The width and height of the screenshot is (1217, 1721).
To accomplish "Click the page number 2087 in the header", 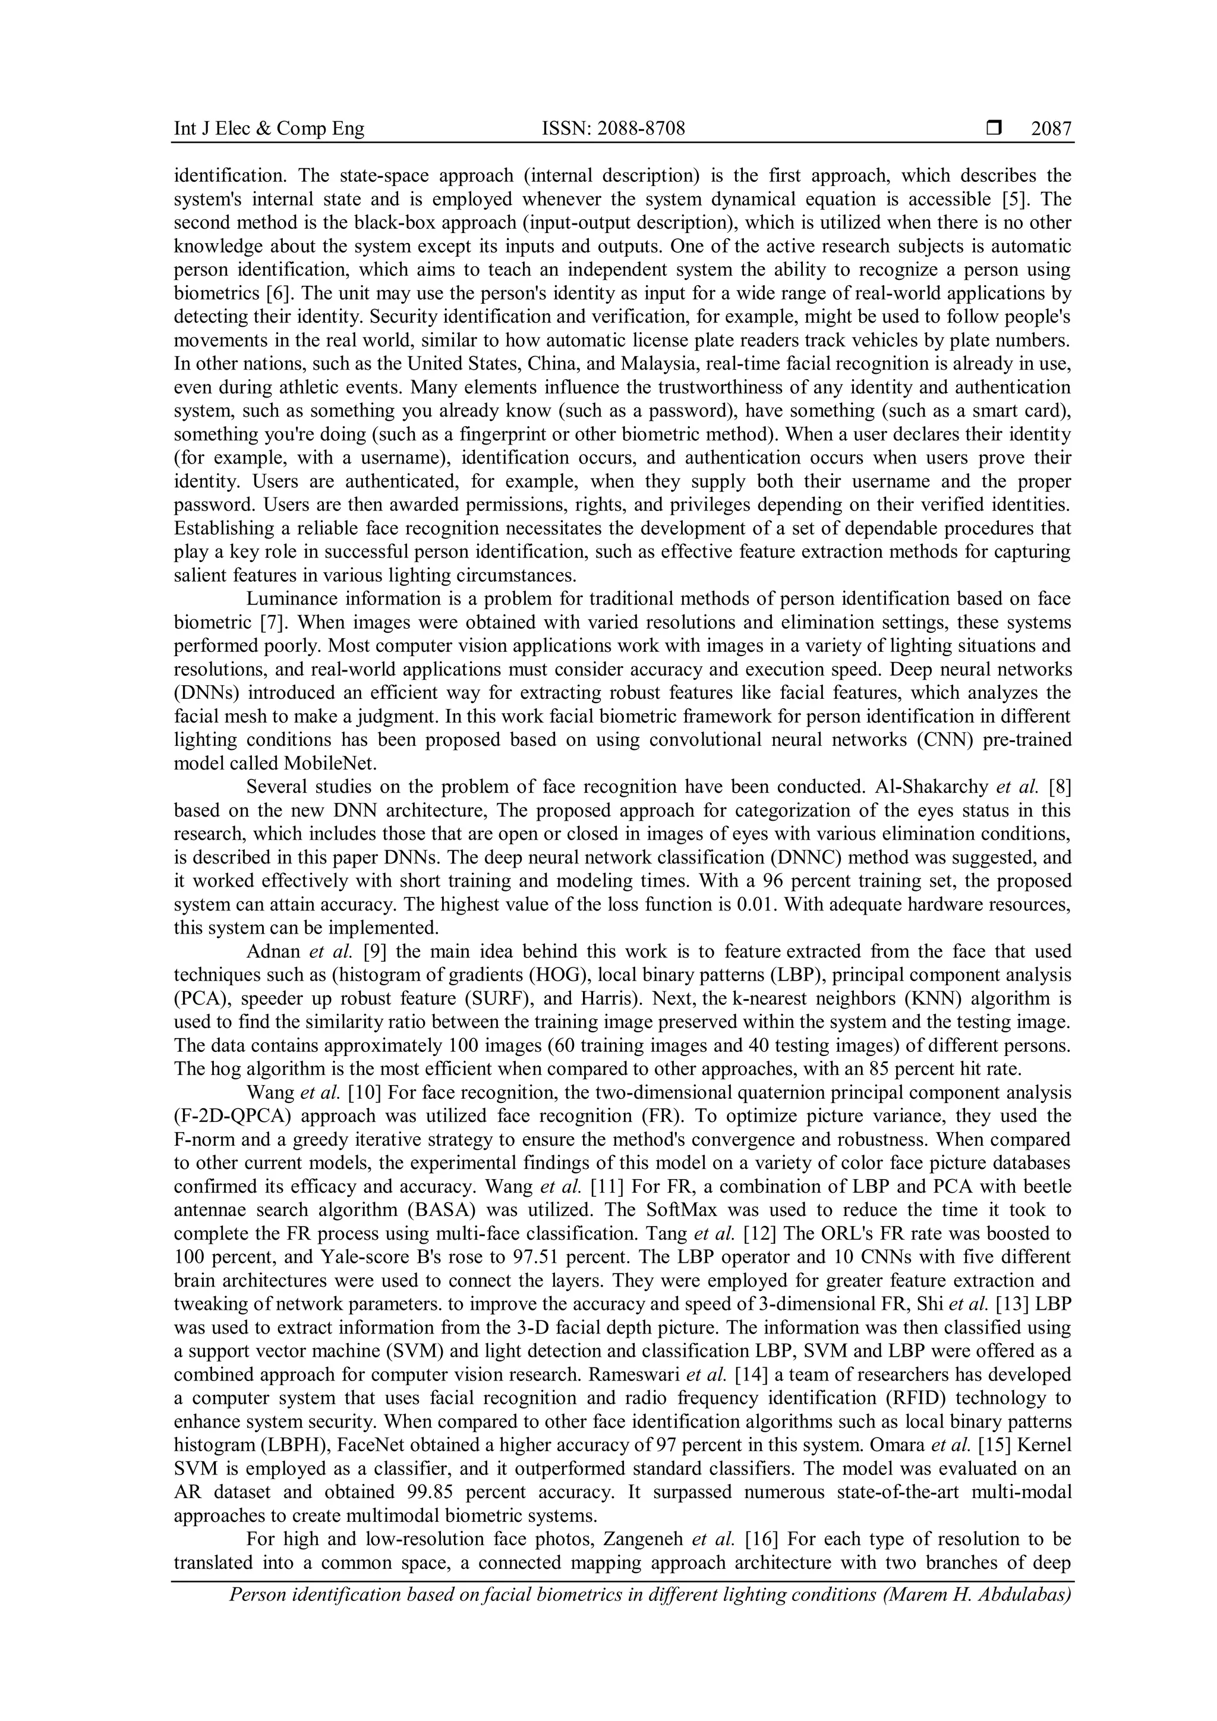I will [x=1051, y=129].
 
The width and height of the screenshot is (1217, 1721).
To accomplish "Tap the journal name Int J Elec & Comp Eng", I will [x=269, y=129].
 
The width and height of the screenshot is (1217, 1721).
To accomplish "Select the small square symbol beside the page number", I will [x=994, y=129].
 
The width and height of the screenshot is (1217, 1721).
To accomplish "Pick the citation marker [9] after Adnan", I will [x=375, y=952].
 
